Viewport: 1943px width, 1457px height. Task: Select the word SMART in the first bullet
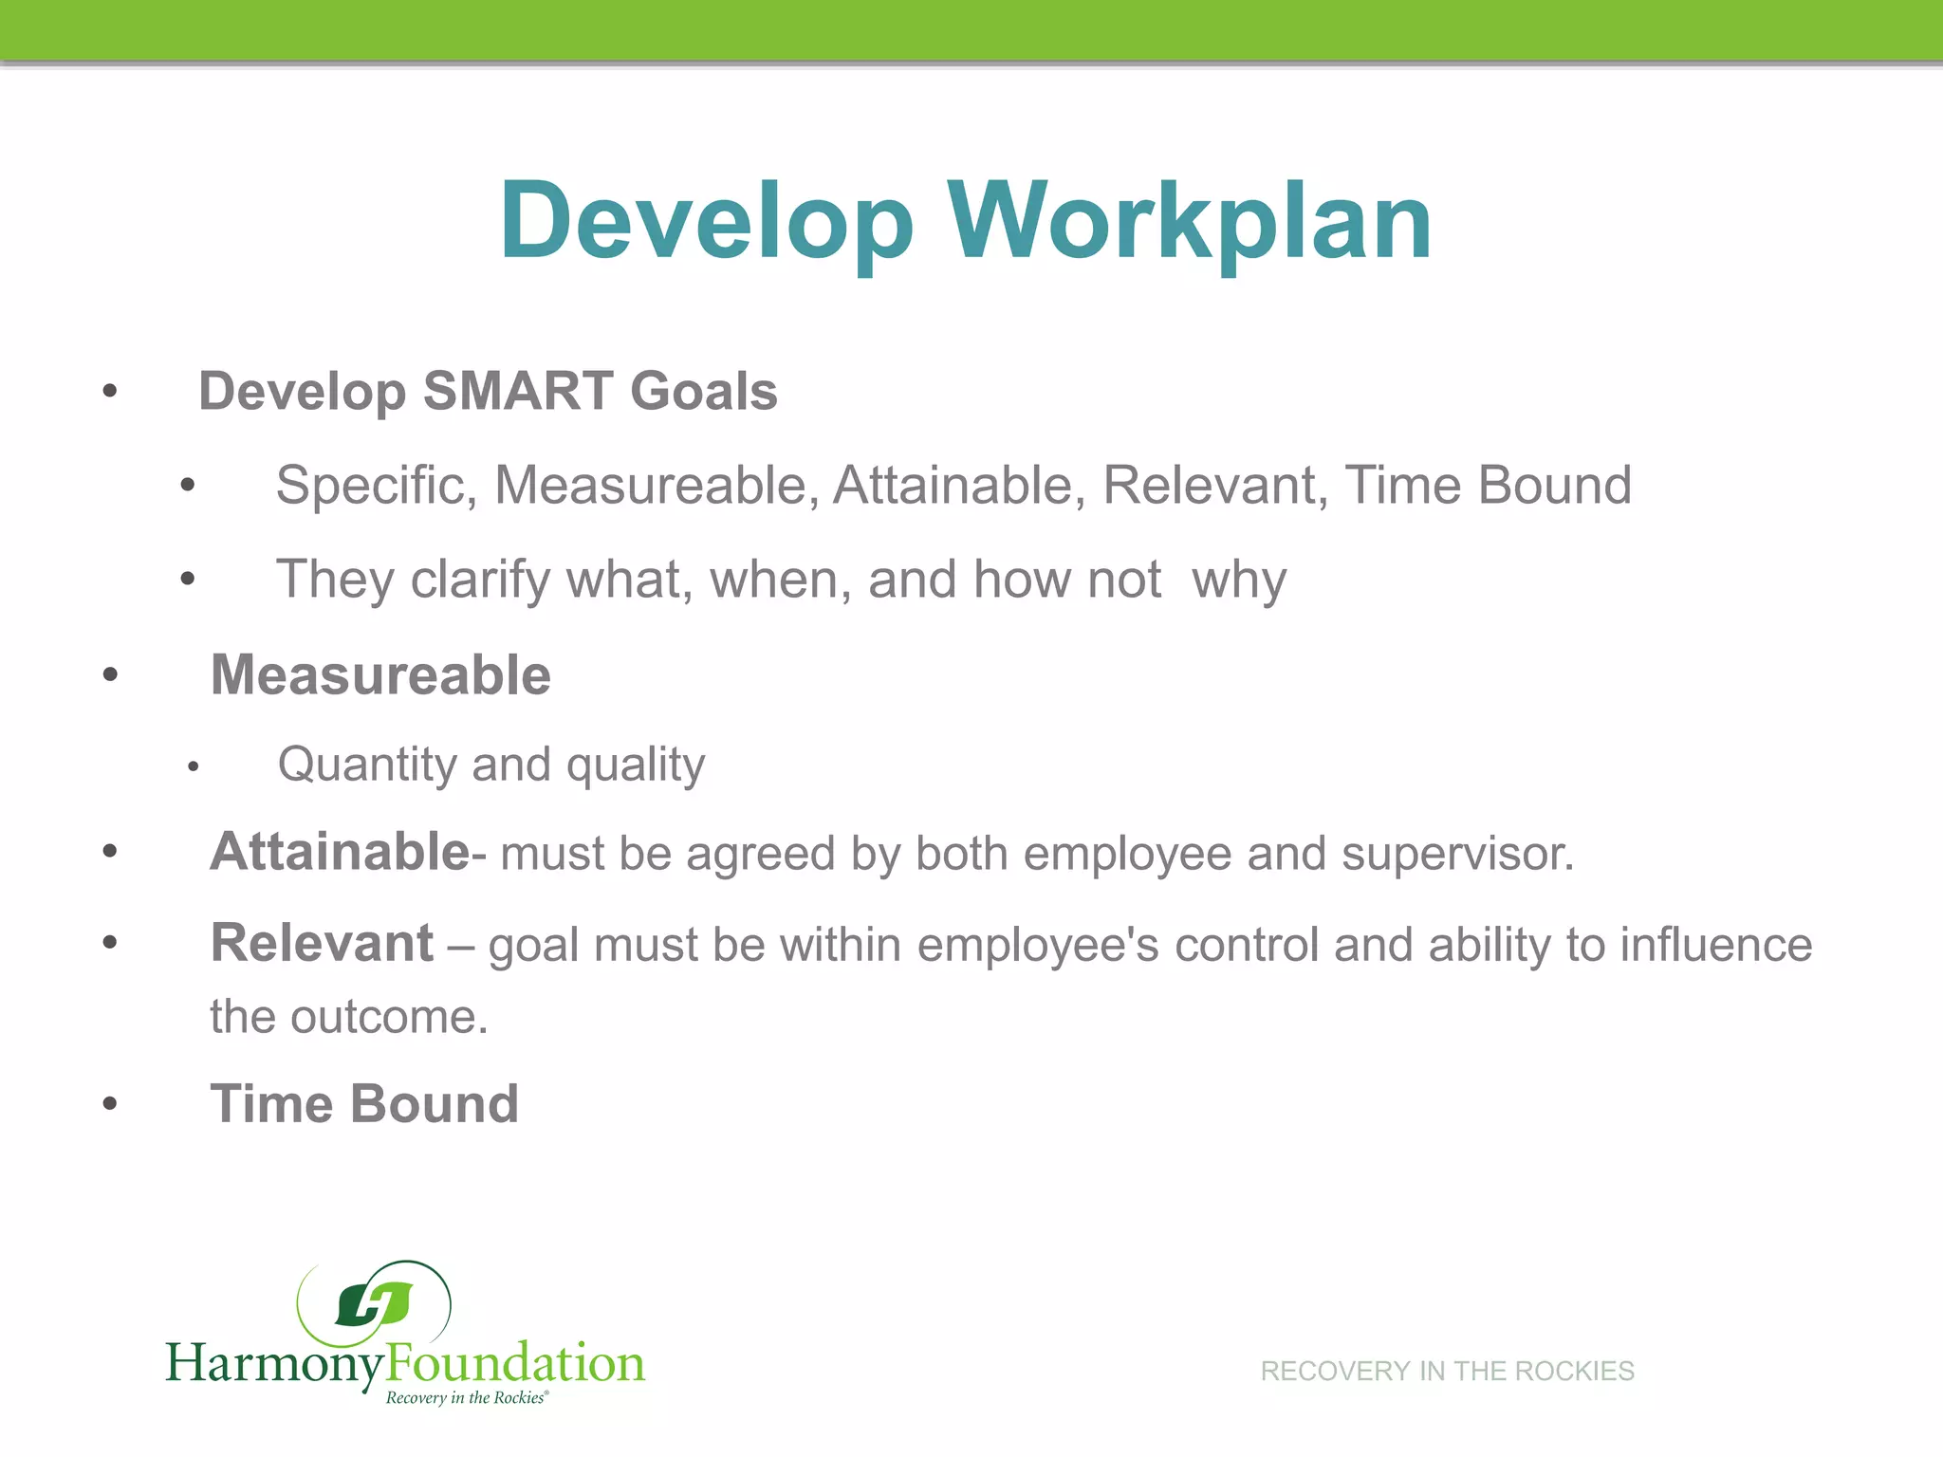pos(518,391)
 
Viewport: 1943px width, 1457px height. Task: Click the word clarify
pos(480,580)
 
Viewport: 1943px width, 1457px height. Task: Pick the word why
pos(1239,580)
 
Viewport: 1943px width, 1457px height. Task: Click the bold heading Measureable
pos(380,675)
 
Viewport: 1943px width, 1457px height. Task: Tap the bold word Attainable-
pos(347,852)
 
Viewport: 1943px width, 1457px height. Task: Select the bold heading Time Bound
pos(364,1104)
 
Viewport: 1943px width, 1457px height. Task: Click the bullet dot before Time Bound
pos(110,1104)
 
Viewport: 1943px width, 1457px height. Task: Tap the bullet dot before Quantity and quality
pos(193,766)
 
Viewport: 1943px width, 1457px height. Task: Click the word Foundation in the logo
pos(515,1363)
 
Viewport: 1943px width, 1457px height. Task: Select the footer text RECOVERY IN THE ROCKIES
pos(1447,1371)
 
